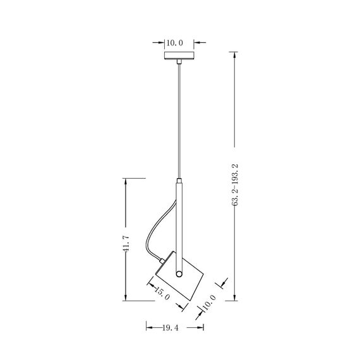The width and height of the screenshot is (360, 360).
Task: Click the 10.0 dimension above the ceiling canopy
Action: tap(174, 43)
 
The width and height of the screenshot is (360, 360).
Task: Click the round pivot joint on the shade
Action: tap(179, 274)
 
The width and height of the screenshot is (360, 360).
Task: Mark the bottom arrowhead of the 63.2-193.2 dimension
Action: tap(236, 299)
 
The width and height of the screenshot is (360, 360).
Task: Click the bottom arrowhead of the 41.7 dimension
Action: tap(126, 299)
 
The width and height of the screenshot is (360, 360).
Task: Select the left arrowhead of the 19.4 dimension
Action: tap(149, 328)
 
